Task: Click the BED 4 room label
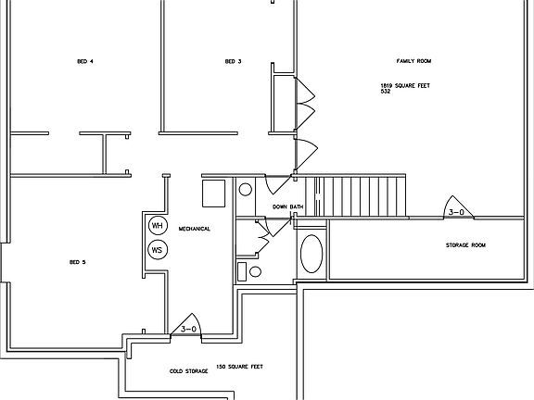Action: [x=85, y=62]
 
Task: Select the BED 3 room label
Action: [x=233, y=62]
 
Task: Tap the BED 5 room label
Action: [x=77, y=262]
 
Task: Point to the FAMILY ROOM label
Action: [x=414, y=61]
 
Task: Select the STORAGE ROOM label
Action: [x=465, y=245]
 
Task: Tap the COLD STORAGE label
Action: [x=188, y=372]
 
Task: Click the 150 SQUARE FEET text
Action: [x=239, y=367]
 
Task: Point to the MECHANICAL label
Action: [x=195, y=229]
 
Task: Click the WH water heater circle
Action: [x=157, y=226]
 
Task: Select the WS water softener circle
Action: [x=157, y=250]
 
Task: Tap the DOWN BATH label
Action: [x=288, y=206]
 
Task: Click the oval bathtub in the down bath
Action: [x=312, y=253]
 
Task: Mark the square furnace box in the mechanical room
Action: [x=214, y=193]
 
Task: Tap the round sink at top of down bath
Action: [x=246, y=190]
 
